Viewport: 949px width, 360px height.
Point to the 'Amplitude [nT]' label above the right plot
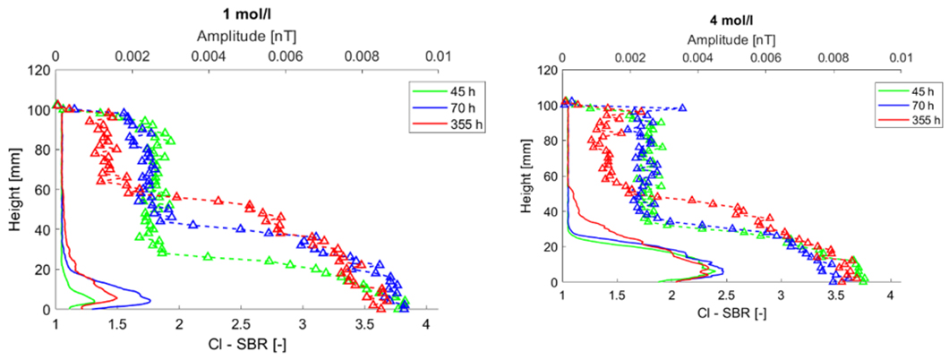click(730, 41)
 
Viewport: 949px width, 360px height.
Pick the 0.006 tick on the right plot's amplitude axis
click(765, 56)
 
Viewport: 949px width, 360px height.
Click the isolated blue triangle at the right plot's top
click(683, 107)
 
